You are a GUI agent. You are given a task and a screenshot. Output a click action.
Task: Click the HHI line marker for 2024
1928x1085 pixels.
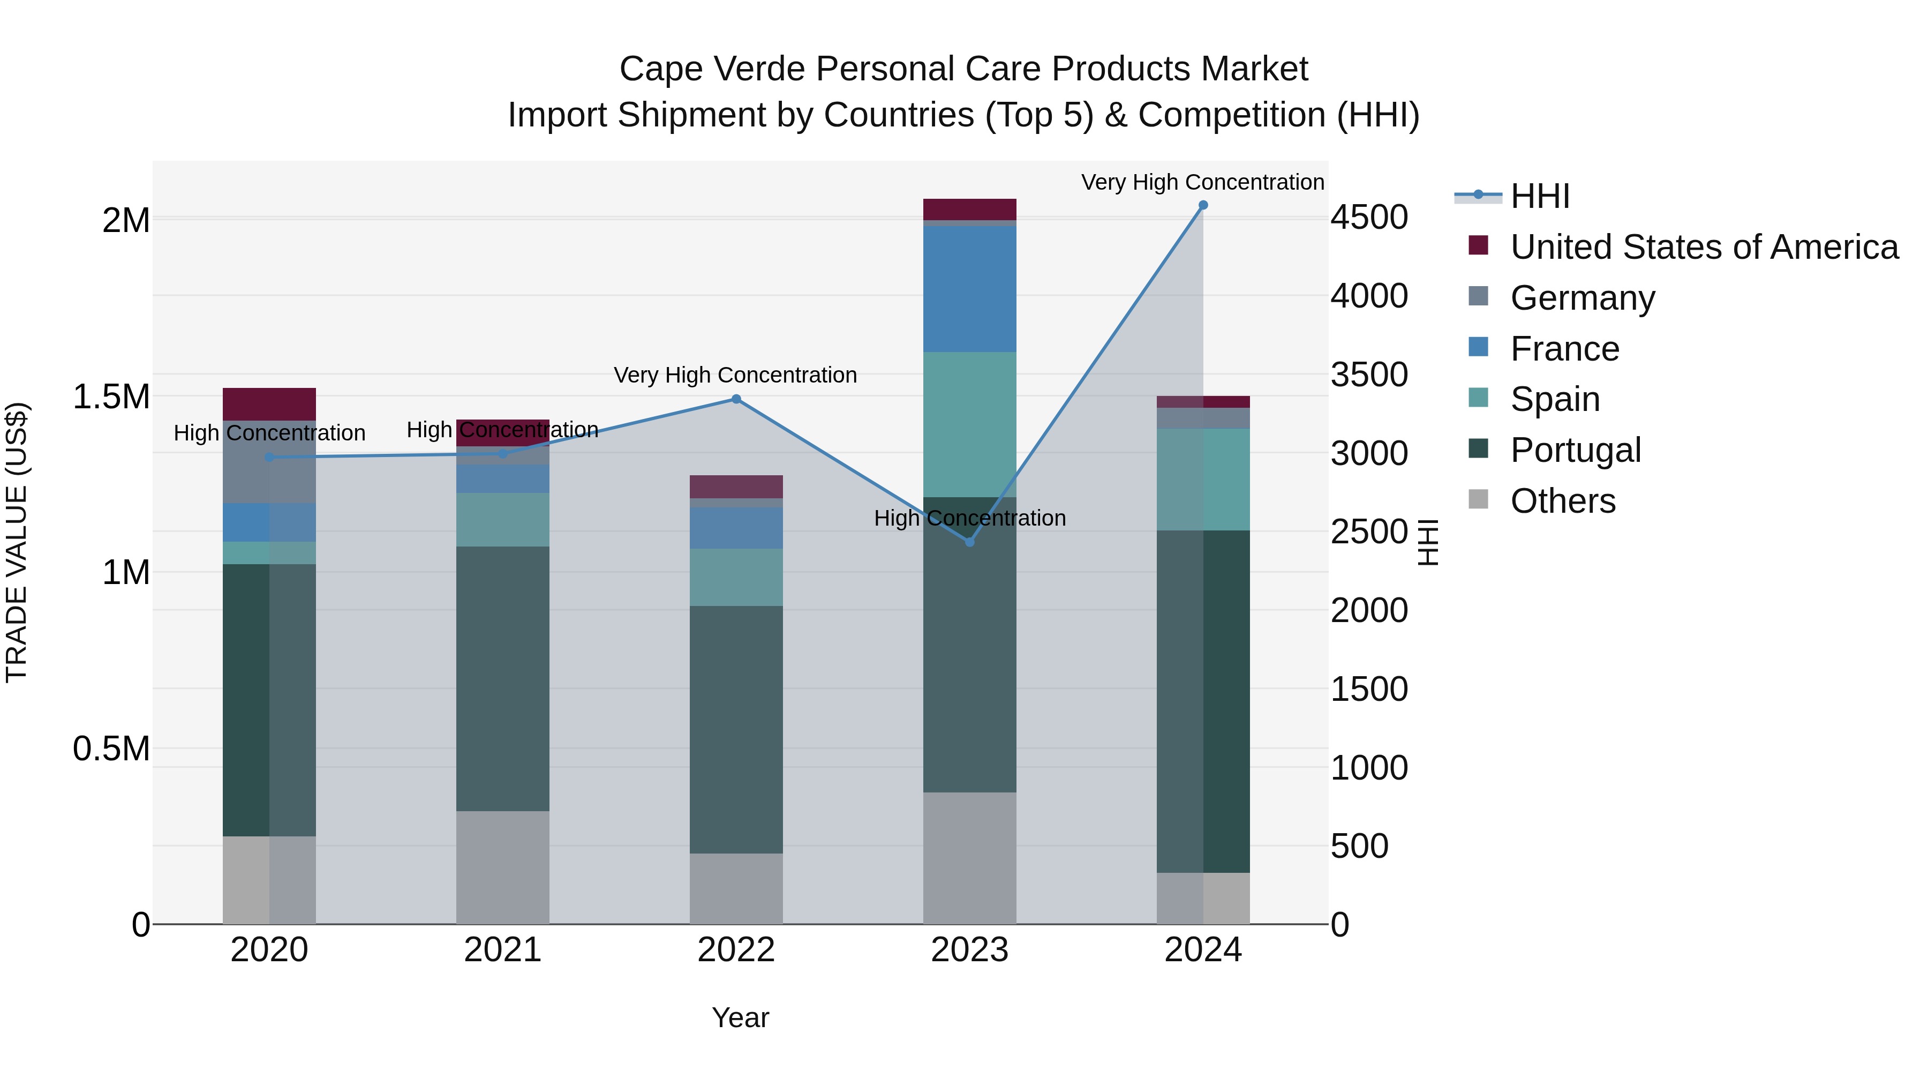(1203, 205)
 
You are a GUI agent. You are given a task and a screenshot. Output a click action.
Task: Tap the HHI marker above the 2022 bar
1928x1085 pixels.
(736, 399)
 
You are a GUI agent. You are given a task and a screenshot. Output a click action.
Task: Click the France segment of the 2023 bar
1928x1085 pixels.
(969, 288)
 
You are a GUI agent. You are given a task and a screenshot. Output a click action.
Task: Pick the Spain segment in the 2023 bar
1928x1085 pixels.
(969, 424)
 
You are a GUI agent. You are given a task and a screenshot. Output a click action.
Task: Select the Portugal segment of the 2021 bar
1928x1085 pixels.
(502, 678)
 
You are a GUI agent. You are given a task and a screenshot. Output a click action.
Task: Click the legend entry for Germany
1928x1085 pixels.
(1581, 298)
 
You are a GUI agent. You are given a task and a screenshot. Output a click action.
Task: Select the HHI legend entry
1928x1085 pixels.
(1540, 196)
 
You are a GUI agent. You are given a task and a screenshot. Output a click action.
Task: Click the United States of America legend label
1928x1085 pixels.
(1704, 247)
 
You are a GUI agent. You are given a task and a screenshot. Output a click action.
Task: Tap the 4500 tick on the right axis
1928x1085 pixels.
(1369, 218)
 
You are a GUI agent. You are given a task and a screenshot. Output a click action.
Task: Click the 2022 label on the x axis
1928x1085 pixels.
(736, 950)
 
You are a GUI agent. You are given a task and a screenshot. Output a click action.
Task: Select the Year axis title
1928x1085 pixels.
(740, 1017)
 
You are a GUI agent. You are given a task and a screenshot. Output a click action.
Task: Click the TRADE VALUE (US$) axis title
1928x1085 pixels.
(17, 542)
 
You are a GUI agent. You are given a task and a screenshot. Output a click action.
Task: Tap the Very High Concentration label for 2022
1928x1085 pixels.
(735, 375)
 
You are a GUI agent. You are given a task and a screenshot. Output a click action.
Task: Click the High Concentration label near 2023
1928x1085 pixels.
(969, 518)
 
